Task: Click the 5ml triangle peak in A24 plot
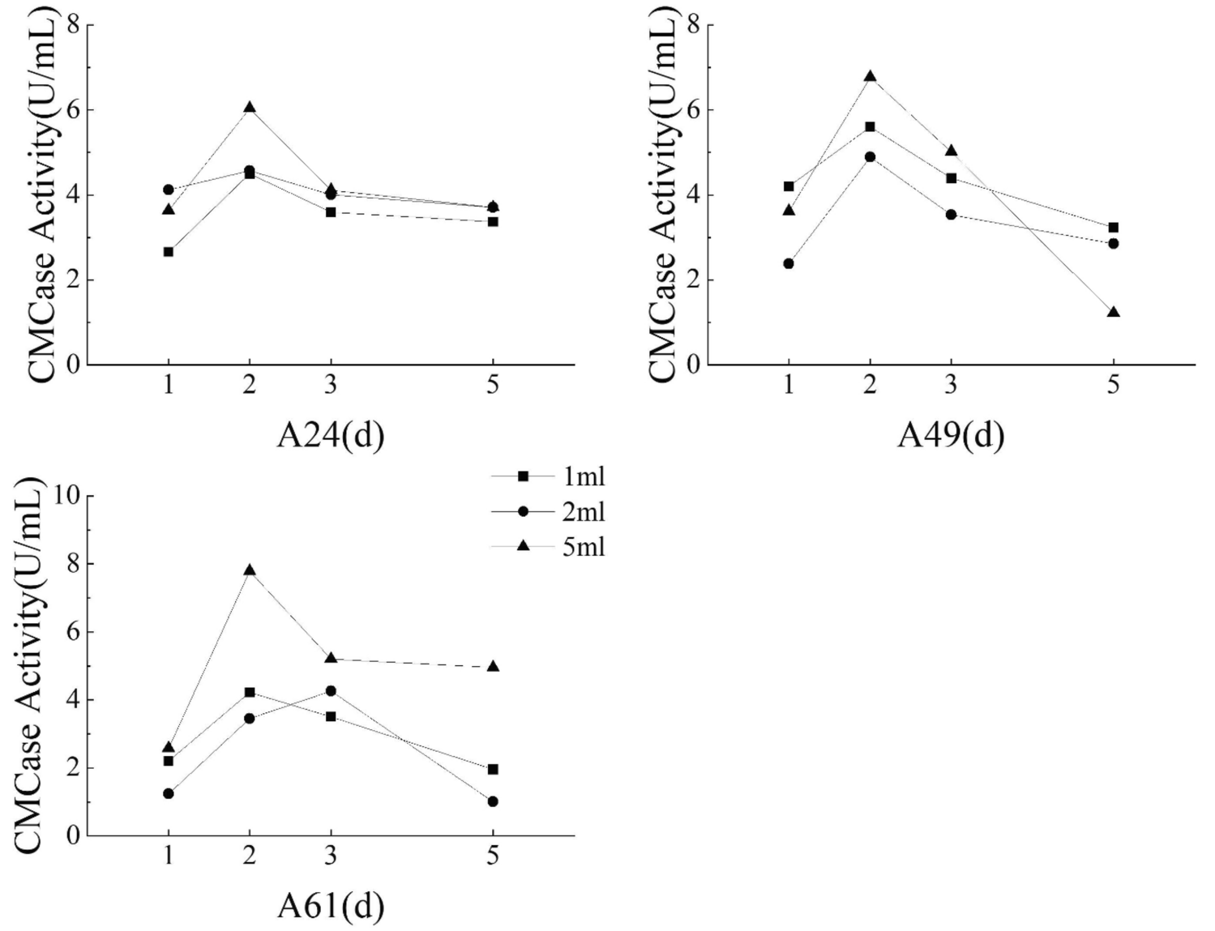[x=250, y=107]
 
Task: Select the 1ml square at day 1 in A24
[x=169, y=252]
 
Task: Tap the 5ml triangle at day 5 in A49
[x=1113, y=312]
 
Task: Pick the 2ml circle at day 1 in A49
[x=789, y=263]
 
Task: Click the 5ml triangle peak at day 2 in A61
[x=250, y=570]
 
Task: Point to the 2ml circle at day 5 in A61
[x=493, y=801]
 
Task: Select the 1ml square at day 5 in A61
[x=493, y=769]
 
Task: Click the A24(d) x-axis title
[x=330, y=436]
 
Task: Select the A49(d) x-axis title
[x=951, y=436]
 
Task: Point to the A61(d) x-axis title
[x=330, y=906]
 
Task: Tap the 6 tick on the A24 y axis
[x=73, y=110]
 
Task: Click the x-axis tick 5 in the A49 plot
[x=1113, y=384]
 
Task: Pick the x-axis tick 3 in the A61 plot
[x=331, y=855]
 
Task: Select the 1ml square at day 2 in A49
[x=870, y=126]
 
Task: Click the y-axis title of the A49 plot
[x=663, y=194]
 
